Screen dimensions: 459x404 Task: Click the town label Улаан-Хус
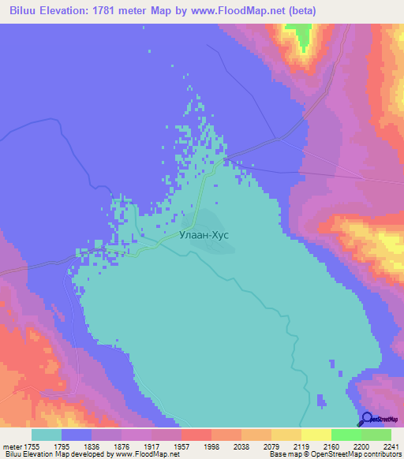click(x=204, y=234)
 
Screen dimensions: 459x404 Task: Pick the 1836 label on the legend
click(x=107, y=446)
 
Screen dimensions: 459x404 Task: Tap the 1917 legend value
click(x=166, y=446)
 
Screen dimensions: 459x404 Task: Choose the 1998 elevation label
click(x=226, y=446)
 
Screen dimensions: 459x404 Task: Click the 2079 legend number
click(x=286, y=446)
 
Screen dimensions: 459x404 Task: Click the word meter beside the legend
click(x=12, y=446)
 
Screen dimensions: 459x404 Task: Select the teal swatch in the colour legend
click(x=47, y=435)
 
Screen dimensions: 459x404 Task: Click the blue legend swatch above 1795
click(x=77, y=435)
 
